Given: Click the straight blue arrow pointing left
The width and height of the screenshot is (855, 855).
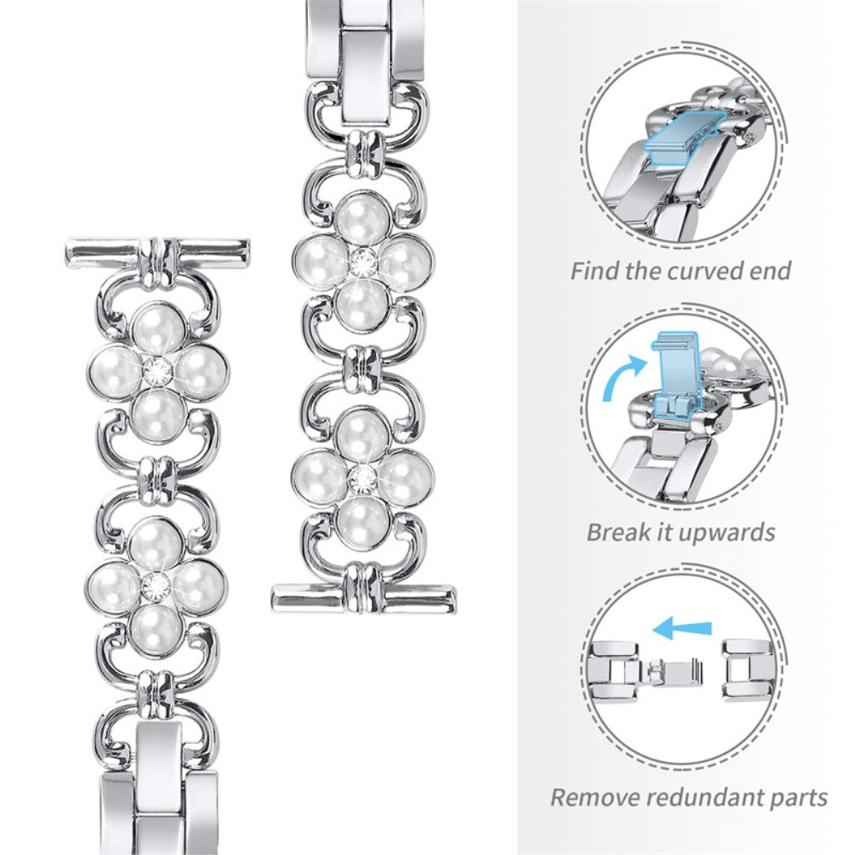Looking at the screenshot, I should (x=681, y=629).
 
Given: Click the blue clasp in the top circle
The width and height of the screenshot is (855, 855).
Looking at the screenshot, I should (x=702, y=141).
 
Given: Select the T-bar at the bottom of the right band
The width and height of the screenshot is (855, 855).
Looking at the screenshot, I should (x=363, y=595).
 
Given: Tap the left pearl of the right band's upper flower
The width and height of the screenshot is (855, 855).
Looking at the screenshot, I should (x=316, y=261).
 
